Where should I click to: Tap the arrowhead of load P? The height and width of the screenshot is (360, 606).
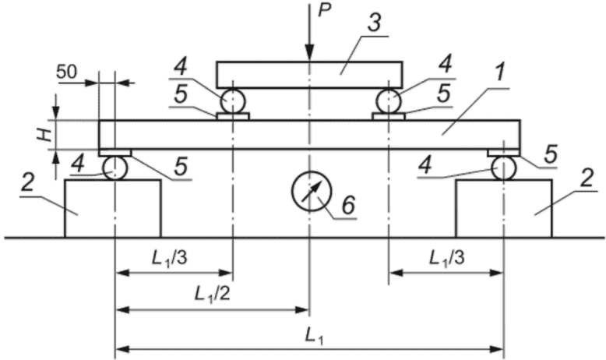click(309, 52)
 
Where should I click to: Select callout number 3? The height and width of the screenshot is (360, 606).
click(375, 23)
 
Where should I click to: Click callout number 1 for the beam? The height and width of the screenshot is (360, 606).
click(501, 72)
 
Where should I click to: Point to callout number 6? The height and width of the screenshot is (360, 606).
click(348, 205)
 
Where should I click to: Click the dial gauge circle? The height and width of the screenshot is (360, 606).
click(312, 191)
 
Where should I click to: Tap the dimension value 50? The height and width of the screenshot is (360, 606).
click(66, 72)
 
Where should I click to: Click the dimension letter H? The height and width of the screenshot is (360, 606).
click(45, 135)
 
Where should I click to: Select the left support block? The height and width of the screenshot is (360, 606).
click(112, 208)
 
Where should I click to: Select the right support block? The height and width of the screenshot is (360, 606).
click(504, 208)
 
